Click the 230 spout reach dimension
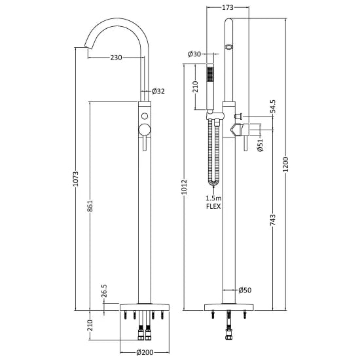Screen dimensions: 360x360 (x=117, y=58)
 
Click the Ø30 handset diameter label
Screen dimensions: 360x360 (x=193, y=54)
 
